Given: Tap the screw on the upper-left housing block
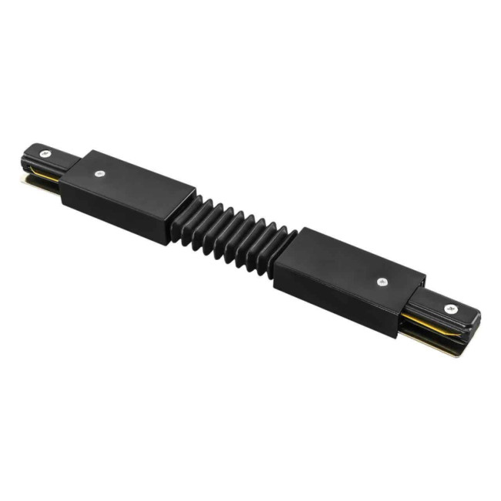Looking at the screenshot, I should click(99, 174).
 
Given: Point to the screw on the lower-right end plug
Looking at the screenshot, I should click(450, 308).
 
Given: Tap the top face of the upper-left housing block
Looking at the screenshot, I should click(127, 178).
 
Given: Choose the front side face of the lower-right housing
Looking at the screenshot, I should click(339, 297).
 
